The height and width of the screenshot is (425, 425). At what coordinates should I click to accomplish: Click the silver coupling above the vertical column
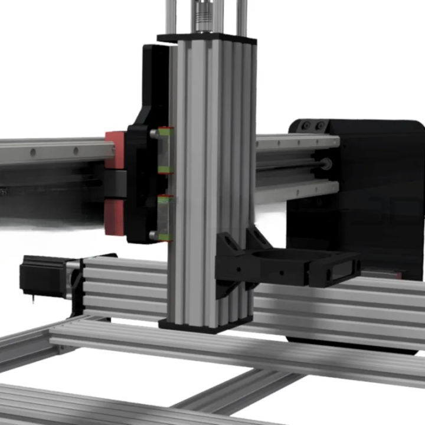click(206, 17)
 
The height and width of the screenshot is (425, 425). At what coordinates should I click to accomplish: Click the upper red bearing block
click(115, 148)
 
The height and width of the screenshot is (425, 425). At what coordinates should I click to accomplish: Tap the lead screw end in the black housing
click(325, 165)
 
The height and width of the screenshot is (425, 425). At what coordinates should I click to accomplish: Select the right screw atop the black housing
click(319, 126)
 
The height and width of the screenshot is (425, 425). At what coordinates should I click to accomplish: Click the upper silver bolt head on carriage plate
click(154, 134)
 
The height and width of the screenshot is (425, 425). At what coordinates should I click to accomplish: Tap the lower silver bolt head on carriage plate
click(154, 235)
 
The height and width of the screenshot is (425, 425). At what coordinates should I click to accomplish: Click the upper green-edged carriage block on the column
click(165, 150)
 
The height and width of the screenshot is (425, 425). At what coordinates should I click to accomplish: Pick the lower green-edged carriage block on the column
click(165, 218)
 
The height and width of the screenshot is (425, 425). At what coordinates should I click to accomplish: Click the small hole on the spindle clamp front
click(280, 274)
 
